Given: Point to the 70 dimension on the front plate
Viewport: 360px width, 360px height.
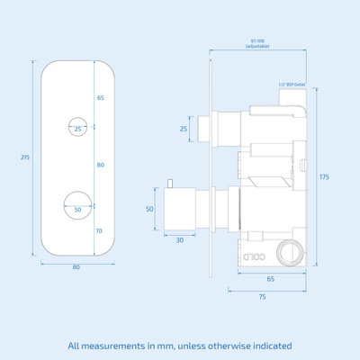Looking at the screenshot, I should [x=99, y=230].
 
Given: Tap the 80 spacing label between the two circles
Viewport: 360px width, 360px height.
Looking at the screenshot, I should [x=99, y=165].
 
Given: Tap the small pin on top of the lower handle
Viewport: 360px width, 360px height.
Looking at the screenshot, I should [x=168, y=184].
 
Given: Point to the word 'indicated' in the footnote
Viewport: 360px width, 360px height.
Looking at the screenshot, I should [x=269, y=345].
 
